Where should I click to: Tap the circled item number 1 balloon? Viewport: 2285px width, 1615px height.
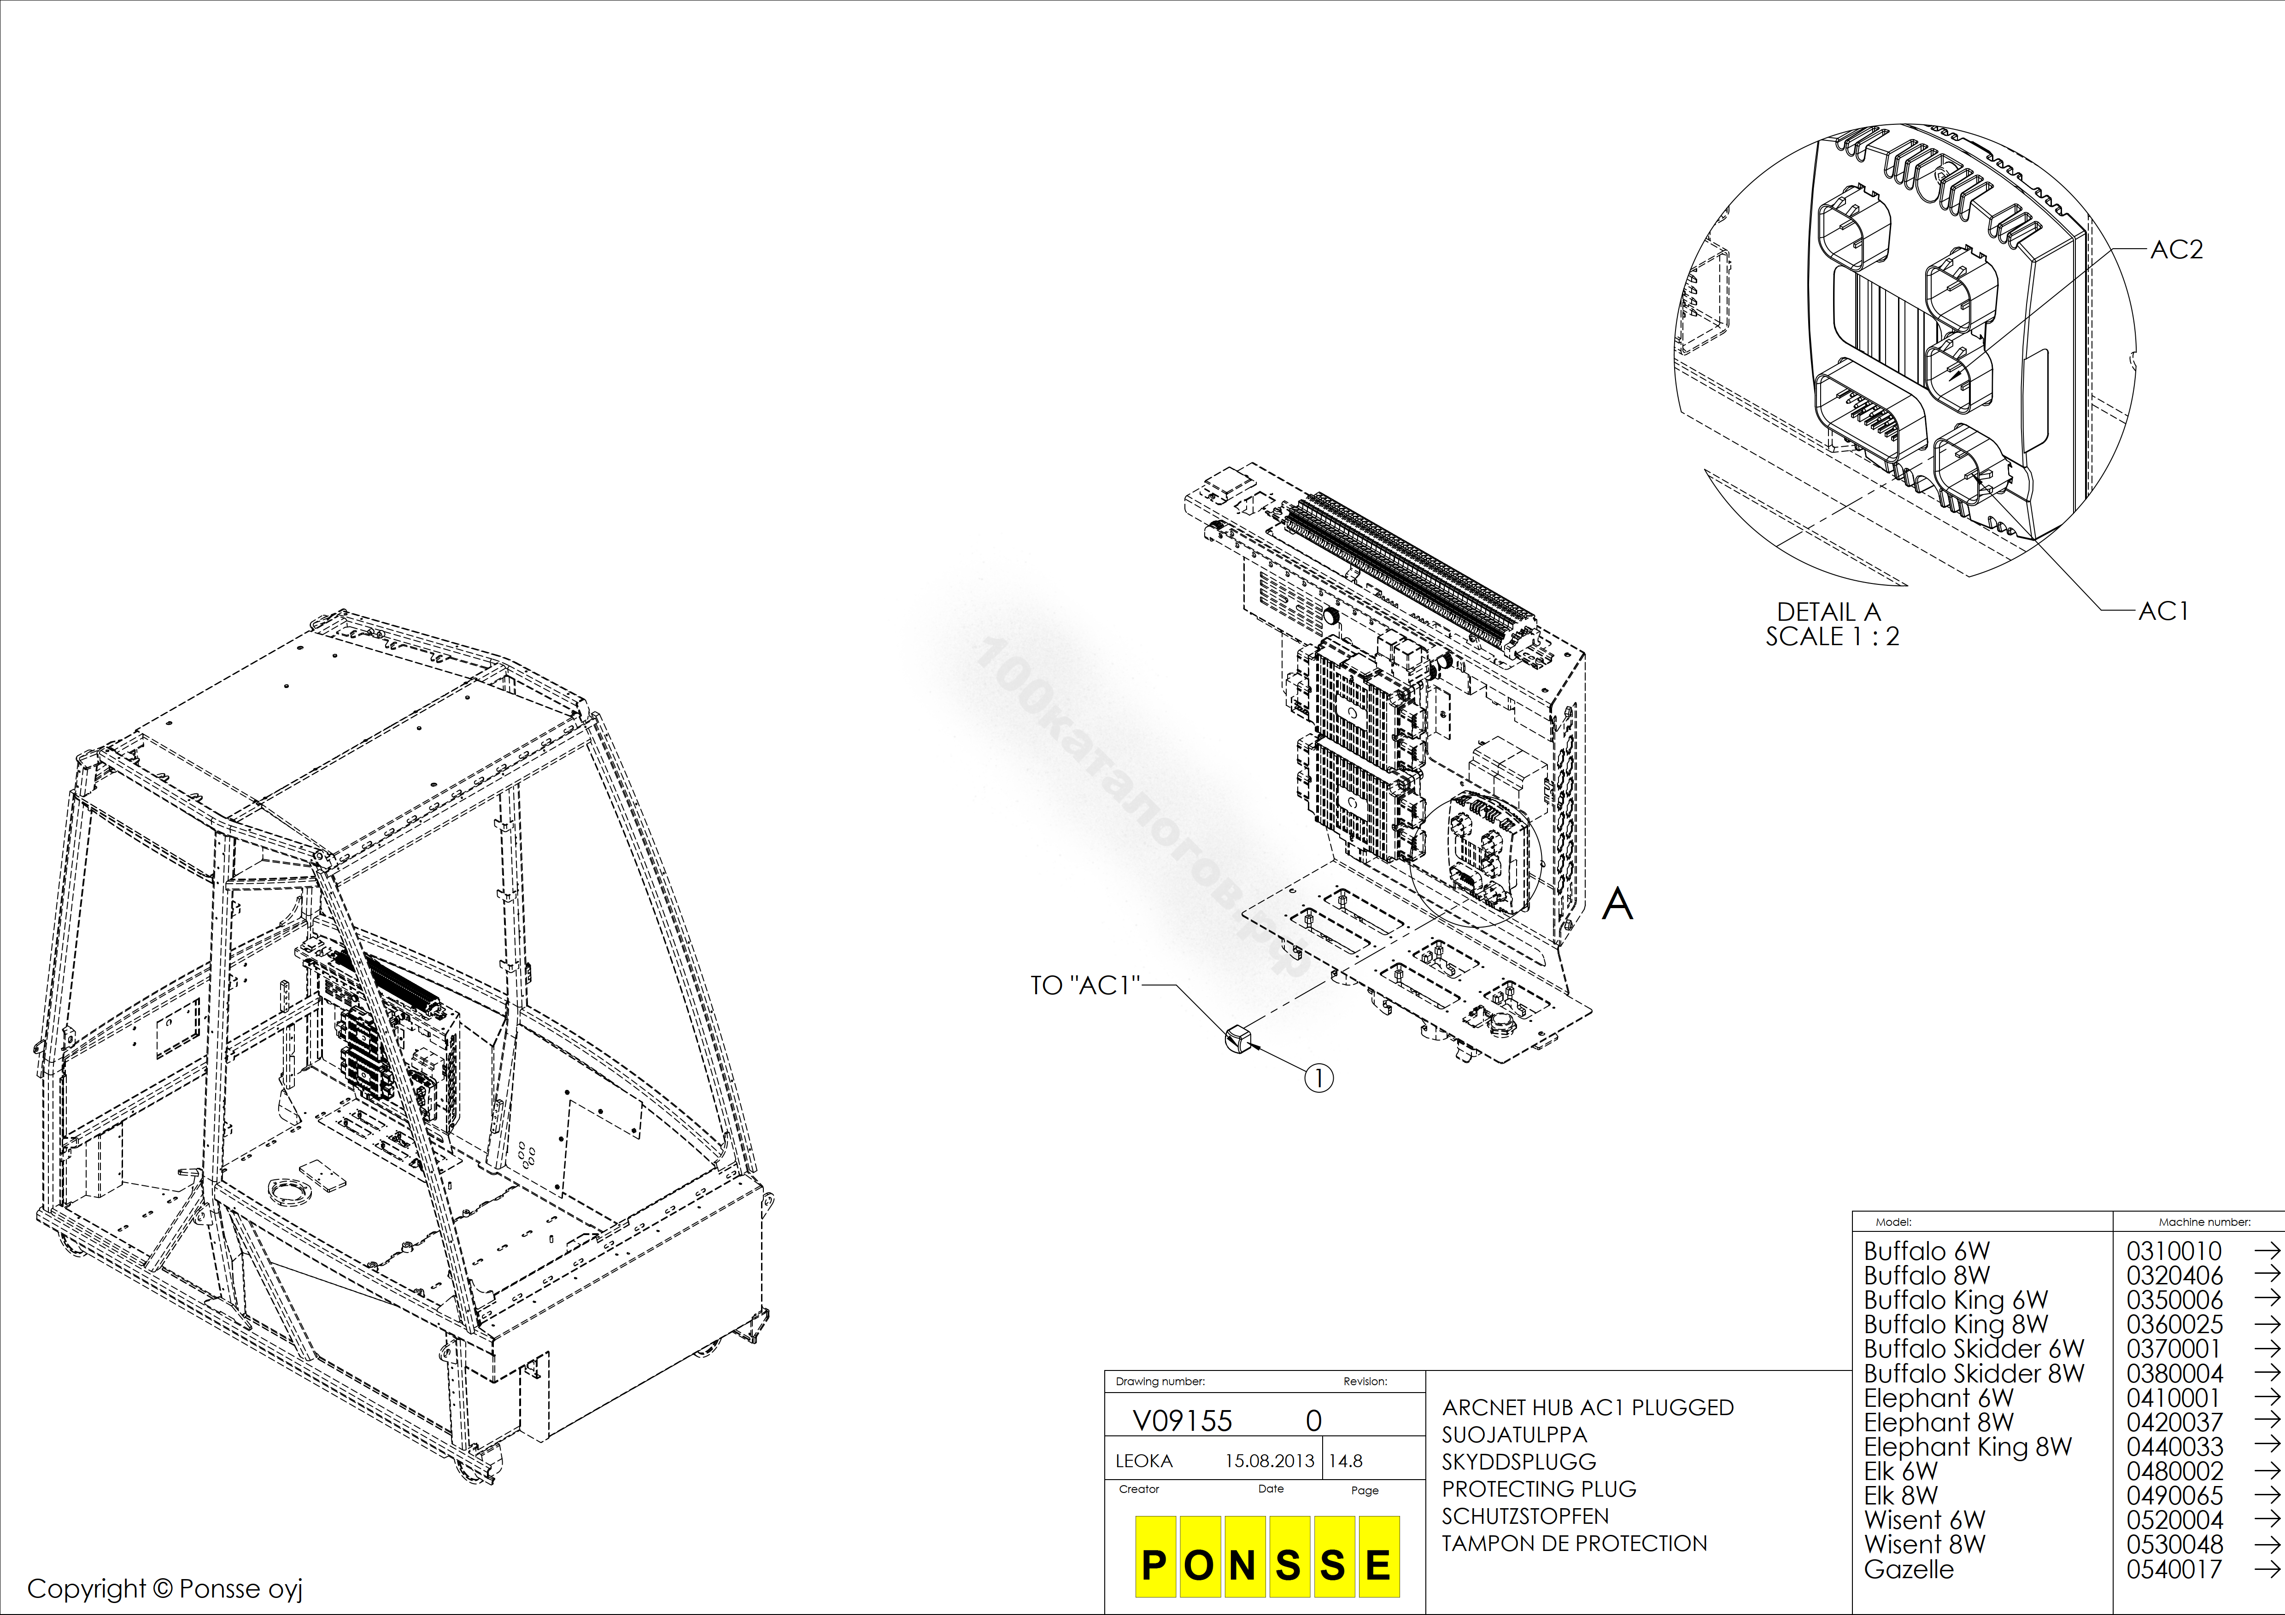click(x=1318, y=1078)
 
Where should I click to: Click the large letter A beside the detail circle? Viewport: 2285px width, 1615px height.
click(x=1617, y=904)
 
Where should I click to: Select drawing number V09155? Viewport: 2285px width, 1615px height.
click(x=1182, y=1421)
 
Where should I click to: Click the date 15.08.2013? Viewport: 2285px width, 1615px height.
click(x=1269, y=1461)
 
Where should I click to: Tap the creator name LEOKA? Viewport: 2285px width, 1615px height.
click(x=1143, y=1461)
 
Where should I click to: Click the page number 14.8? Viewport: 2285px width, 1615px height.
click(x=1346, y=1461)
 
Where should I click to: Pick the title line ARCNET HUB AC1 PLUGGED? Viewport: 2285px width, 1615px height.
click(x=1588, y=1407)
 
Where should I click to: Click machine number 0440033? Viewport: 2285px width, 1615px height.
click(x=2174, y=1447)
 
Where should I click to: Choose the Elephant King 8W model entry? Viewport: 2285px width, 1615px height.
click(x=1968, y=1447)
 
